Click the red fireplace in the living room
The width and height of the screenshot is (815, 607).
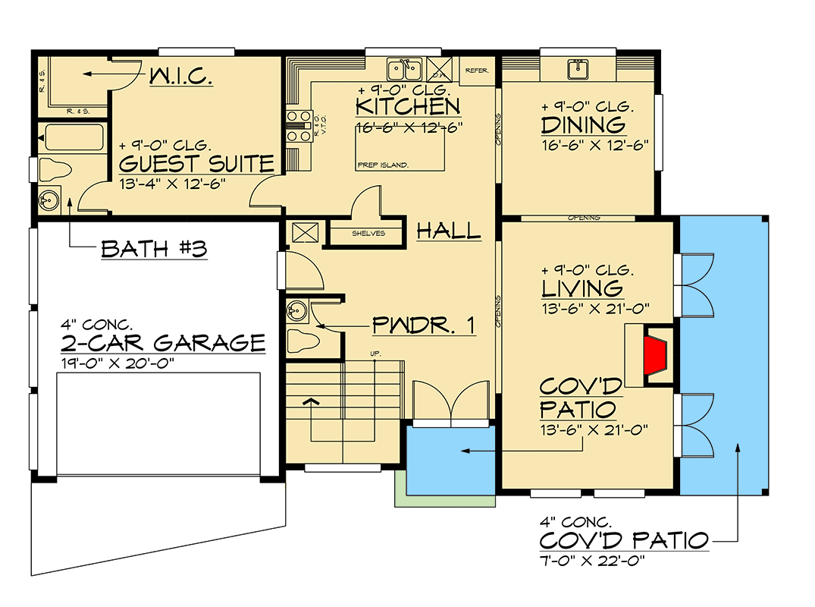(656, 354)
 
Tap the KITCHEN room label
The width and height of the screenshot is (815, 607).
(408, 106)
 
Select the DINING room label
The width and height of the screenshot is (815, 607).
(583, 124)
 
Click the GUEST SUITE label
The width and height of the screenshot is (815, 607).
(196, 163)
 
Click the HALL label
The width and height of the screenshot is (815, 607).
(449, 231)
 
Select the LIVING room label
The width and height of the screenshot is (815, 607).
(582, 288)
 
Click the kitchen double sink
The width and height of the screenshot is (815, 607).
(404, 71)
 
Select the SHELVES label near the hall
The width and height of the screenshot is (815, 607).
(368, 234)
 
